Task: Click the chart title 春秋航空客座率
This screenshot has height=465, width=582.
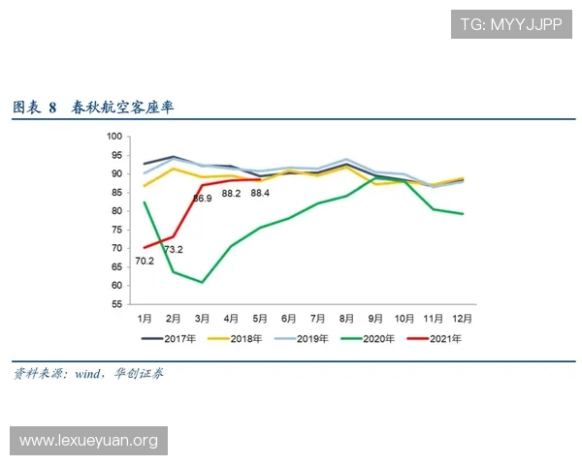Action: [122, 107]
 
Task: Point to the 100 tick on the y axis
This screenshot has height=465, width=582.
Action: [114, 137]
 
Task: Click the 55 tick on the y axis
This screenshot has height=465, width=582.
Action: [117, 304]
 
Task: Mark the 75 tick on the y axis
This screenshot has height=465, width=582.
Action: [117, 230]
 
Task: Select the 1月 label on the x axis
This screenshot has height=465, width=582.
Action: [145, 318]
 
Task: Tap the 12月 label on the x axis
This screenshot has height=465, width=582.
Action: [463, 318]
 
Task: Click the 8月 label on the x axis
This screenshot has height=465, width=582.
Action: [346, 318]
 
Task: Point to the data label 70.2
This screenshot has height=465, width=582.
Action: [145, 261]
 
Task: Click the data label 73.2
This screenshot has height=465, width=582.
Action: [174, 250]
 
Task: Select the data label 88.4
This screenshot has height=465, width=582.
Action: [260, 194]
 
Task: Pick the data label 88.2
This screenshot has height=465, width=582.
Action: [231, 194]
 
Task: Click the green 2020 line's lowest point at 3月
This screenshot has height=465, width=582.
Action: [202, 282]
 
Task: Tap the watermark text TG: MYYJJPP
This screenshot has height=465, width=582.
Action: [510, 24]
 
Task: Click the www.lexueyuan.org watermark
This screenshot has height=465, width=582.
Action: [88, 441]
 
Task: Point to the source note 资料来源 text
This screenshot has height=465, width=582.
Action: [36, 373]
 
